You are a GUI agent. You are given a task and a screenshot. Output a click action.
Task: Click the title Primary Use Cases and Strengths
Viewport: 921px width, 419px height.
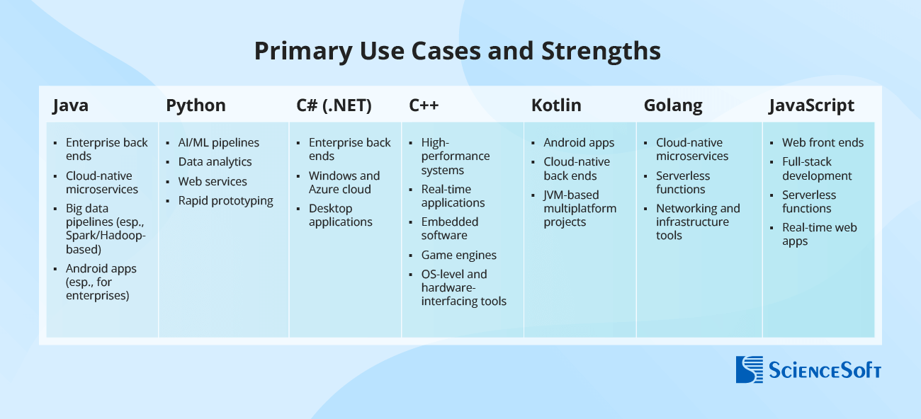(x=457, y=52)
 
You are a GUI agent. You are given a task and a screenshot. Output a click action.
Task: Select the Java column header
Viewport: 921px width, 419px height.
(x=70, y=105)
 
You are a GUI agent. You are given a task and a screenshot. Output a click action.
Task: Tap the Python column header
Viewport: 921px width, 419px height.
(x=196, y=105)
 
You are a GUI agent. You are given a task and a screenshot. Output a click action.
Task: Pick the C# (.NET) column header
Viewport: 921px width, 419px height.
(x=334, y=105)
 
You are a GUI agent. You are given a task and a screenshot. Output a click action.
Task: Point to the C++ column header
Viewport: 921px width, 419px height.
(x=424, y=105)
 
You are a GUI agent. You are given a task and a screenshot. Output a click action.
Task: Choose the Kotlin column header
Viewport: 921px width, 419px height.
(x=556, y=105)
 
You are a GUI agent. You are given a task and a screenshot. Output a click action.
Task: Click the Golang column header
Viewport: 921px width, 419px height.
(x=673, y=105)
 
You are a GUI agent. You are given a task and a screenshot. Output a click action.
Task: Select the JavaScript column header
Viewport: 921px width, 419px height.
(x=812, y=105)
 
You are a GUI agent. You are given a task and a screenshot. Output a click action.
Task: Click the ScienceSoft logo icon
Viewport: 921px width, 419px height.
(x=750, y=369)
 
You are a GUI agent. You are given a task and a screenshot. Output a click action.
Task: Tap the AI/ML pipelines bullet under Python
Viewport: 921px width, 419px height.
(x=218, y=142)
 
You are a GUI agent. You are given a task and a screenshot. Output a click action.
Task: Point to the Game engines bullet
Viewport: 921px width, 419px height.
(x=458, y=255)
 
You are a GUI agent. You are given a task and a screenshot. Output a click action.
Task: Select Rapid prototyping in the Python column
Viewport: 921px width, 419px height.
(x=225, y=200)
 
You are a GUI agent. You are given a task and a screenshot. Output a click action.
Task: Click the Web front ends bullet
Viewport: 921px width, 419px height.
(x=823, y=142)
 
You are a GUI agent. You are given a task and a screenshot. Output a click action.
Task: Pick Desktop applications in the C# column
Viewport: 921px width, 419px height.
(x=340, y=215)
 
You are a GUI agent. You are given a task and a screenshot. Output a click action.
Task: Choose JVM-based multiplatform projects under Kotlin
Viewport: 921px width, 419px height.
(x=580, y=208)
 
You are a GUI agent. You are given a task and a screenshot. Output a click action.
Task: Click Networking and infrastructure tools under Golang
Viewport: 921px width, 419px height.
(x=697, y=222)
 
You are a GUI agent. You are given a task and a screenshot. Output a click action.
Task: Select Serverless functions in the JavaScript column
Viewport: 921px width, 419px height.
(x=808, y=202)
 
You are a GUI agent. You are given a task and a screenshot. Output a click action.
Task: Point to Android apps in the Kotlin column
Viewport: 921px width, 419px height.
(x=579, y=142)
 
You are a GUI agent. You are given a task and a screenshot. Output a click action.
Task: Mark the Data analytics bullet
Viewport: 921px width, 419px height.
(x=215, y=161)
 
